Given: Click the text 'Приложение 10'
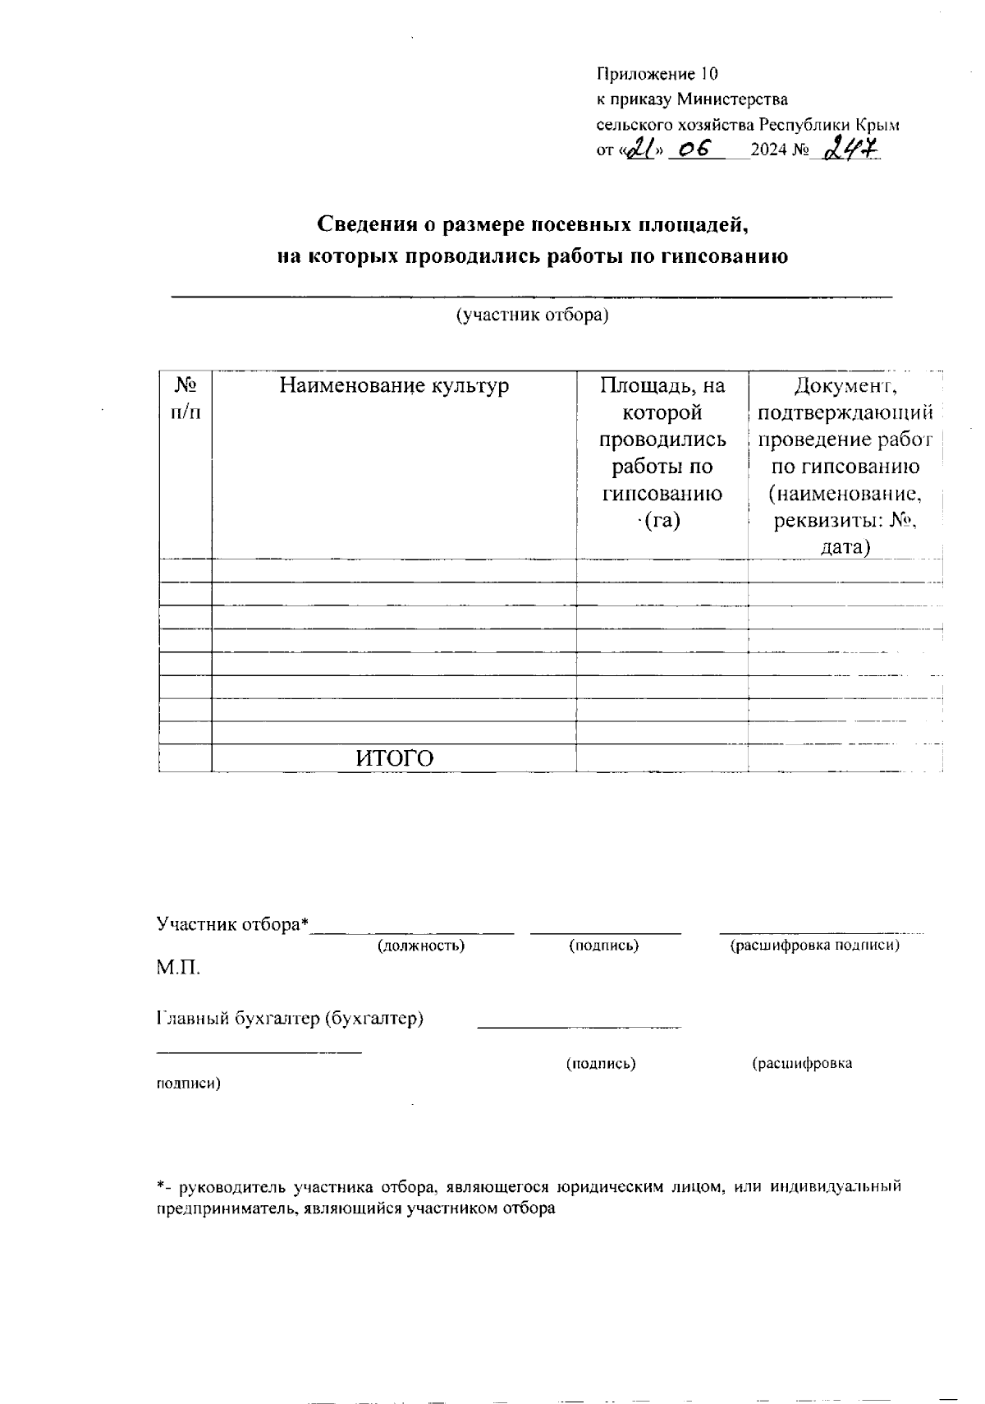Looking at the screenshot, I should click(657, 75).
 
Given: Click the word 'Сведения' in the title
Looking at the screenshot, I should click(366, 224).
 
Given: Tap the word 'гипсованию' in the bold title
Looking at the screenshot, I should click(719, 256).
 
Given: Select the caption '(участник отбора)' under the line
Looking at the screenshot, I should click(531, 315).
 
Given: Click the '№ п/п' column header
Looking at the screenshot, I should click(186, 398).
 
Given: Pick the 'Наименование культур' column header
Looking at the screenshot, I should click(394, 385).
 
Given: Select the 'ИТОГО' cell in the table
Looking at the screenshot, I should click(394, 758).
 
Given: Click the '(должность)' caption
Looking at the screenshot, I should click(421, 946).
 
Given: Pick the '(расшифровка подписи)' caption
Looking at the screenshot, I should click(814, 946).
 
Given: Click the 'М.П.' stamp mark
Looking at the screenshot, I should click(178, 968).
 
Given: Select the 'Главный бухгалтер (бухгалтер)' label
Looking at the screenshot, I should click(290, 1019).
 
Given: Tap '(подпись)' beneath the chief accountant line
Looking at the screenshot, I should click(601, 1064).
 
